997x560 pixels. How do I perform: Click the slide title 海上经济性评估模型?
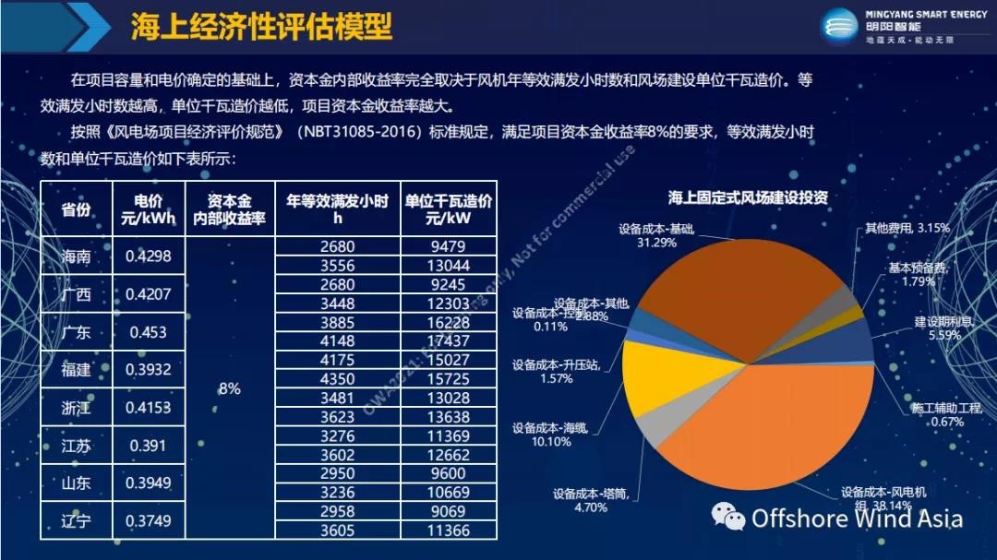click(x=261, y=27)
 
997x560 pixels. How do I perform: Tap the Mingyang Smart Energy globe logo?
click(x=838, y=26)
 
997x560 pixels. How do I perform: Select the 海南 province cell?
click(x=76, y=256)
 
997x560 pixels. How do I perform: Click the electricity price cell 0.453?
click(x=148, y=332)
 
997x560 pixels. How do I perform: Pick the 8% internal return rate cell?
click(x=229, y=388)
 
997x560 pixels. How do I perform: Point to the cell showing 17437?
click(x=448, y=340)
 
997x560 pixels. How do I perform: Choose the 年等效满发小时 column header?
click(x=337, y=209)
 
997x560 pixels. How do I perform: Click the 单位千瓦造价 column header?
click(x=448, y=209)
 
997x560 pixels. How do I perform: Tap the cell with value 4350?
click(x=337, y=378)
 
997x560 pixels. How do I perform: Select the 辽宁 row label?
click(x=76, y=521)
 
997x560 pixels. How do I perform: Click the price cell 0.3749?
click(x=148, y=521)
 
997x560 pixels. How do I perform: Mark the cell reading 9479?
click(x=448, y=246)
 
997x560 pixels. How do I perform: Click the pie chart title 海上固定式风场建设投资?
click(x=748, y=197)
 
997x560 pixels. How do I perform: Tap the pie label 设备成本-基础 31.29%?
click(x=656, y=234)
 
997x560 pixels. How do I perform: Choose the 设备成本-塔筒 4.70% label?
click(x=591, y=500)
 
